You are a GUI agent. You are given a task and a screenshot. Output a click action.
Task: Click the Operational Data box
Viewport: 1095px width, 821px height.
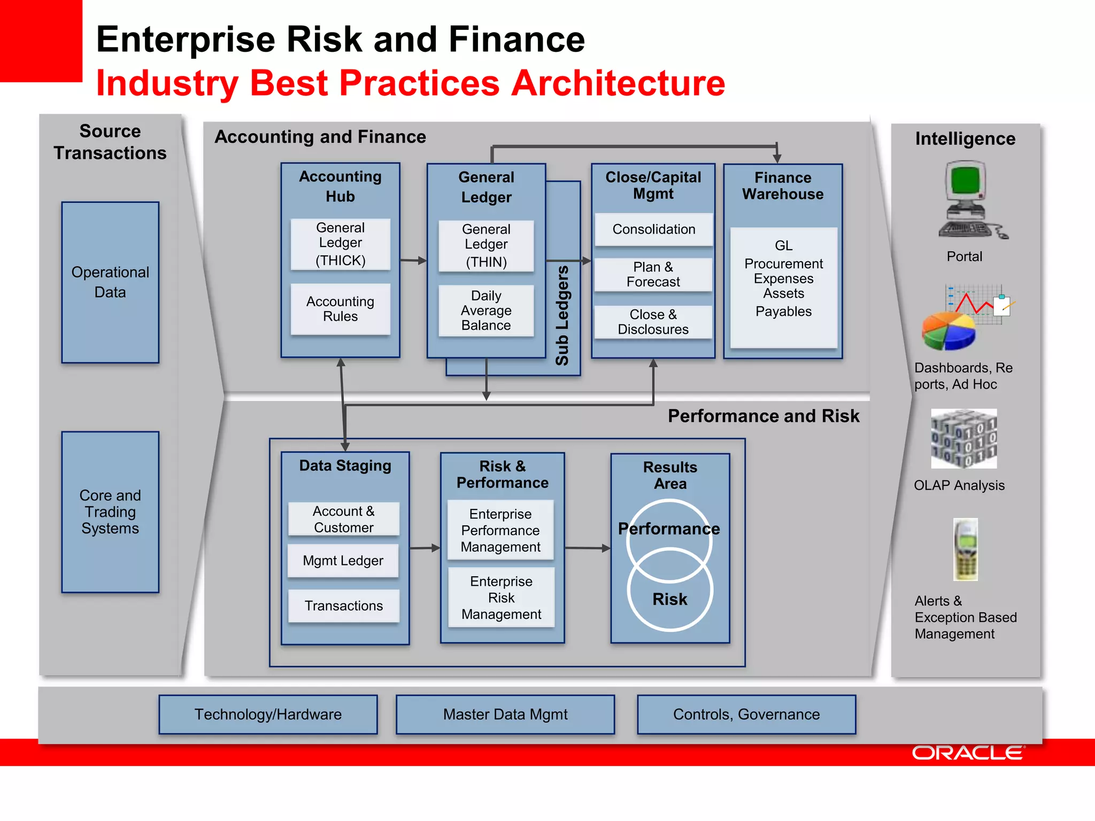pos(110,282)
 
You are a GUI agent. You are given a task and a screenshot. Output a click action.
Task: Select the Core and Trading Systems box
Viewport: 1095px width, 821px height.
pos(110,512)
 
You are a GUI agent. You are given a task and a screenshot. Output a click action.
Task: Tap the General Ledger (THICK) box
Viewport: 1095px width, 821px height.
pos(340,244)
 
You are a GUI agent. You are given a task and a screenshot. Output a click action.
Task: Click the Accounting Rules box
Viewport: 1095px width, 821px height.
pos(340,309)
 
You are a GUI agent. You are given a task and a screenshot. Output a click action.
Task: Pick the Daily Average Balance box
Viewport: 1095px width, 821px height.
pos(485,311)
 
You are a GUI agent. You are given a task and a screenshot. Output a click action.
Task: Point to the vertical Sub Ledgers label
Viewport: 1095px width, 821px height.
pos(562,315)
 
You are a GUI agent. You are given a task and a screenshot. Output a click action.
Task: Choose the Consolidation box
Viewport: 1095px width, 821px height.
pos(653,229)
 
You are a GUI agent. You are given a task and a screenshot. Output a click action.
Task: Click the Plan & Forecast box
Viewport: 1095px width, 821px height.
pos(653,274)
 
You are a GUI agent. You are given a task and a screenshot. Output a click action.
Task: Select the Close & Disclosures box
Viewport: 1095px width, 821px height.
pos(653,322)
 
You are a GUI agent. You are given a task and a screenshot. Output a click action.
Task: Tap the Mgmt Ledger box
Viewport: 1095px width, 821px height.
pos(343,561)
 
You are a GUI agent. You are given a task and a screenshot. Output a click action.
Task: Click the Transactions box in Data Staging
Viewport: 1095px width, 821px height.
pos(343,606)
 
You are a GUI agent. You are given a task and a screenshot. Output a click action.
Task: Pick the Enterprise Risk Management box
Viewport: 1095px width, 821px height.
pos(501,598)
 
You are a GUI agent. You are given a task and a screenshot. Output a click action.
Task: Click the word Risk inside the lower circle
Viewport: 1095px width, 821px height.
pos(669,599)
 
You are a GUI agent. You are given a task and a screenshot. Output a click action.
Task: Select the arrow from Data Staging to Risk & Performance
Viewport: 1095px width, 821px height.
pos(425,548)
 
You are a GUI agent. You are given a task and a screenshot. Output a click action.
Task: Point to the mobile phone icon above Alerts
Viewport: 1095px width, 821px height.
pos(965,549)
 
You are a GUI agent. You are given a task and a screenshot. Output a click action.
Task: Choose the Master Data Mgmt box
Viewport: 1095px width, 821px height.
pos(505,714)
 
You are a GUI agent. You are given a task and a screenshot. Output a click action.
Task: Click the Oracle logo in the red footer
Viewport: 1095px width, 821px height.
pos(968,753)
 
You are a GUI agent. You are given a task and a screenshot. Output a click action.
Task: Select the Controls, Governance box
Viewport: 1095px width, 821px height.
pos(746,714)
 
